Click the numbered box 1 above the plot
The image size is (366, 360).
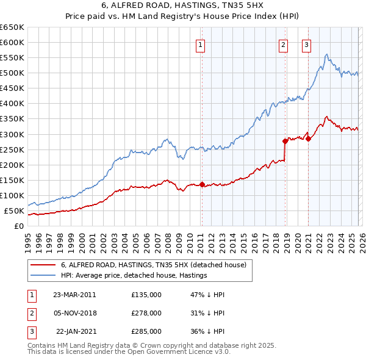[x=201, y=44]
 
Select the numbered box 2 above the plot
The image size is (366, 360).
[x=284, y=44]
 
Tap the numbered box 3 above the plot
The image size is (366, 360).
[x=306, y=44]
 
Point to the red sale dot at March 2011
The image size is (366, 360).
[x=202, y=184]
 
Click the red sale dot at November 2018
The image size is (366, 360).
[x=285, y=141]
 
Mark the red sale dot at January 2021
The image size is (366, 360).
[x=309, y=139]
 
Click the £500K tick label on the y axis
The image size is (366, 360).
[x=13, y=73]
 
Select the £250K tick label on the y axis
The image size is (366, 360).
[x=13, y=149]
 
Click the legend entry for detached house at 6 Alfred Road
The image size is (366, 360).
[x=153, y=265]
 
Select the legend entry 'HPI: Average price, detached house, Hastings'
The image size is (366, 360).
[x=134, y=275]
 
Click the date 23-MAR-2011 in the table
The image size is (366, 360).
[x=74, y=294]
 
